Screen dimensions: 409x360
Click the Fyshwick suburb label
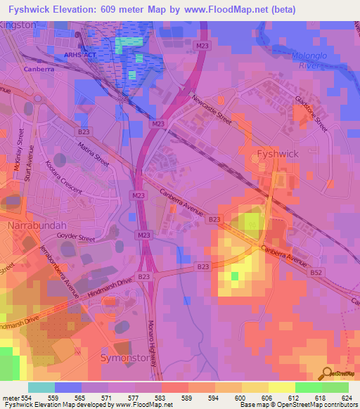pos(279,153)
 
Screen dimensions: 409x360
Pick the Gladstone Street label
pos(312,112)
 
